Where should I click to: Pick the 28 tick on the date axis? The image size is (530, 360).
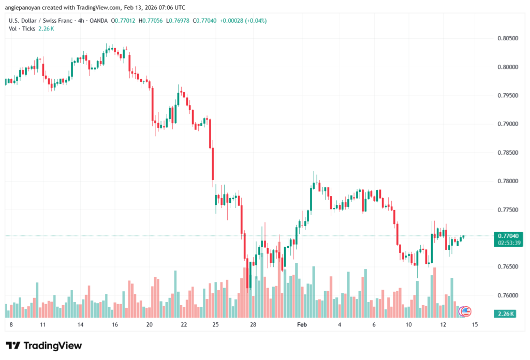tap(253, 324)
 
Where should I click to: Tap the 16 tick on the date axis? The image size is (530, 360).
tap(114, 324)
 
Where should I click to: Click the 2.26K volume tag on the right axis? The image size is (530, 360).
tap(504, 313)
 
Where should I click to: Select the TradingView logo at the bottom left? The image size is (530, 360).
tap(44, 346)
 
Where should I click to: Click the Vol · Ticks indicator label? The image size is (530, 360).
tap(22, 28)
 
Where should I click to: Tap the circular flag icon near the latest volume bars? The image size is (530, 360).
tap(465, 311)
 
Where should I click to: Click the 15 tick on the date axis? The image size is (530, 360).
tap(474, 324)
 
